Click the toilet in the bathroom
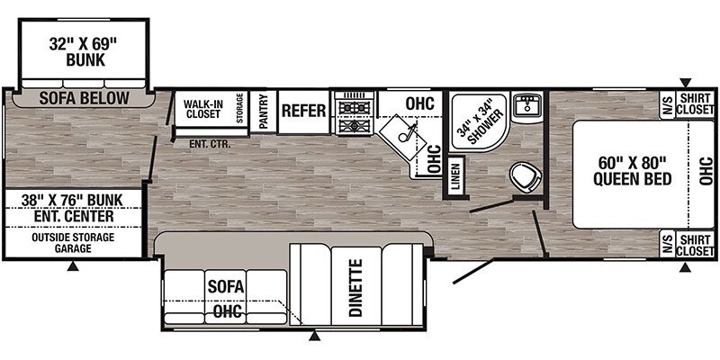click(526, 176)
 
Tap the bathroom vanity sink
click(528, 105)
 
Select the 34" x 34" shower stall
click(479, 121)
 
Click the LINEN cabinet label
click(455, 176)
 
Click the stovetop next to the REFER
click(355, 112)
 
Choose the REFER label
click(303, 111)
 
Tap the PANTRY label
click(263, 111)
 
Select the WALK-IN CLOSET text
click(203, 109)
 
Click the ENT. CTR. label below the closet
click(210, 144)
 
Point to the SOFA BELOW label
click(84, 98)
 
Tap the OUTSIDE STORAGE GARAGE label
click(73, 243)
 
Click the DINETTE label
click(356, 288)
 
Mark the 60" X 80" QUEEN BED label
click(633, 170)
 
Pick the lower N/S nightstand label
click(667, 243)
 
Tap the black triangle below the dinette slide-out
click(314, 336)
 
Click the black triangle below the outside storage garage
click(73, 265)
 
